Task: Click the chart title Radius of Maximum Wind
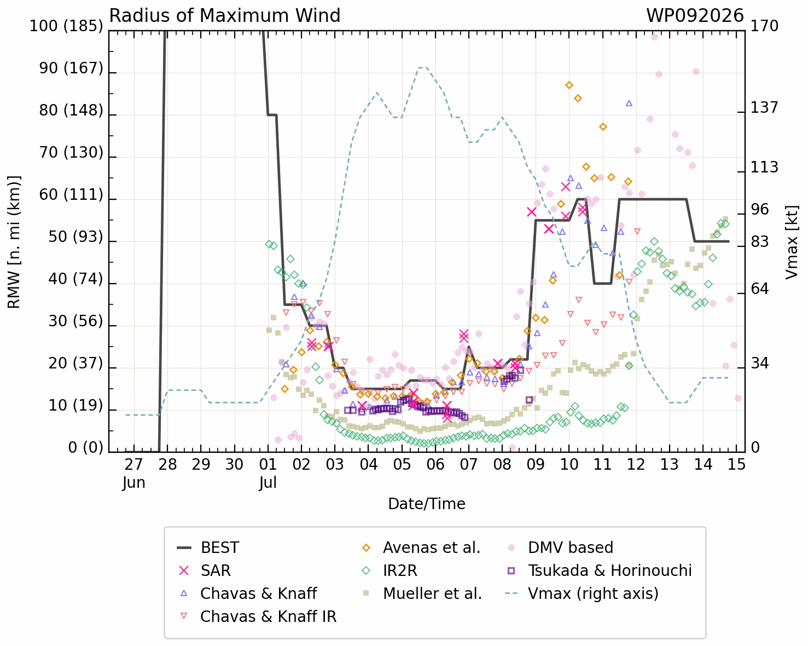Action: coord(224,16)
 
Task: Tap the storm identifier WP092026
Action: coord(695,16)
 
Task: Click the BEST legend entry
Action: coord(208,547)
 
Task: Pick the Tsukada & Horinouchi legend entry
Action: coord(599,570)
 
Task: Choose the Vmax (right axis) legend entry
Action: coord(583,593)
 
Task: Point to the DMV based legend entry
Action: coord(560,547)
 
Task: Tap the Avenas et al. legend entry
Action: coord(421,547)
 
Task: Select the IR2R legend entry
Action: coord(390,570)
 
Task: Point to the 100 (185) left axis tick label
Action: coord(66,26)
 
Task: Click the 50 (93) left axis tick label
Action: coord(75,237)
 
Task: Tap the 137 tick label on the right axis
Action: coord(764,108)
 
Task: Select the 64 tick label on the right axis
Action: coord(759,289)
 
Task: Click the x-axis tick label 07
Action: coord(469,464)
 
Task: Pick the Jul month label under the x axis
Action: coord(268,482)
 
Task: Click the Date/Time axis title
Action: coord(427,504)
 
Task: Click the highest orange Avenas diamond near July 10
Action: coord(569,85)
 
